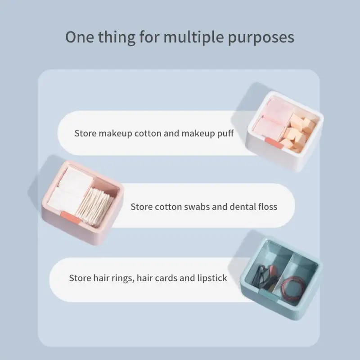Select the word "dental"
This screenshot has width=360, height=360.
[235, 207]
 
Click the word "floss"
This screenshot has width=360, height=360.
[266, 207]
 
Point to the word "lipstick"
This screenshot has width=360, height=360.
[212, 278]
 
